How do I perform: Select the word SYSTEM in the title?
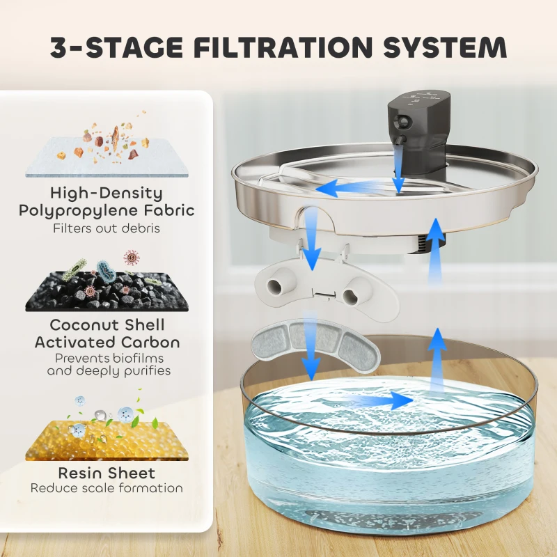(x=445, y=47)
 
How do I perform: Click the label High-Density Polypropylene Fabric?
(x=107, y=201)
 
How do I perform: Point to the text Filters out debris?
(x=107, y=228)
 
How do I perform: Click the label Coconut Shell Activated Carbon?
(x=107, y=334)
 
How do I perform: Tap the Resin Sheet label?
(x=107, y=473)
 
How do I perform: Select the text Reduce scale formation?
(x=107, y=488)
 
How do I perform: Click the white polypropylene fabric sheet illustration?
(x=107, y=157)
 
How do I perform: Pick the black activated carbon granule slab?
(x=107, y=292)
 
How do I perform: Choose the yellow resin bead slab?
(x=107, y=441)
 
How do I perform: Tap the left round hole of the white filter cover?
(x=275, y=285)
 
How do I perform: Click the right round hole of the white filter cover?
(x=350, y=295)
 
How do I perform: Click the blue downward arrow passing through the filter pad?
(x=311, y=346)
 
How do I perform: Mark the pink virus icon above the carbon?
(x=132, y=258)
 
